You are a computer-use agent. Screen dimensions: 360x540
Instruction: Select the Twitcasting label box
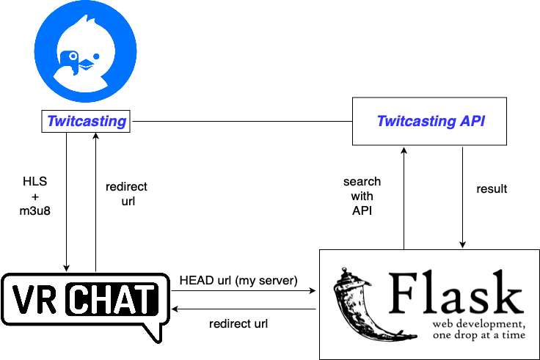(x=87, y=121)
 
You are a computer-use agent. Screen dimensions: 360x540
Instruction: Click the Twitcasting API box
(x=431, y=121)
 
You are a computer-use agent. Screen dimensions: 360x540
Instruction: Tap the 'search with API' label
(x=362, y=196)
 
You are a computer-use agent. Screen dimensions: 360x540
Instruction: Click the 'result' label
(x=492, y=189)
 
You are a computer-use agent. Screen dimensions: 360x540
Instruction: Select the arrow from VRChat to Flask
(x=242, y=291)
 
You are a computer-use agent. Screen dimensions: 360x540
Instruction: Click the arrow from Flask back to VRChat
(x=242, y=309)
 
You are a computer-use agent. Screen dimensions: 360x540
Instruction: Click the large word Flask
(x=456, y=293)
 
